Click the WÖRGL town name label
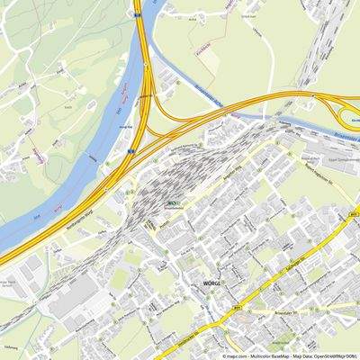(198, 282)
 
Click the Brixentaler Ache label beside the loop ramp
(347, 141)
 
